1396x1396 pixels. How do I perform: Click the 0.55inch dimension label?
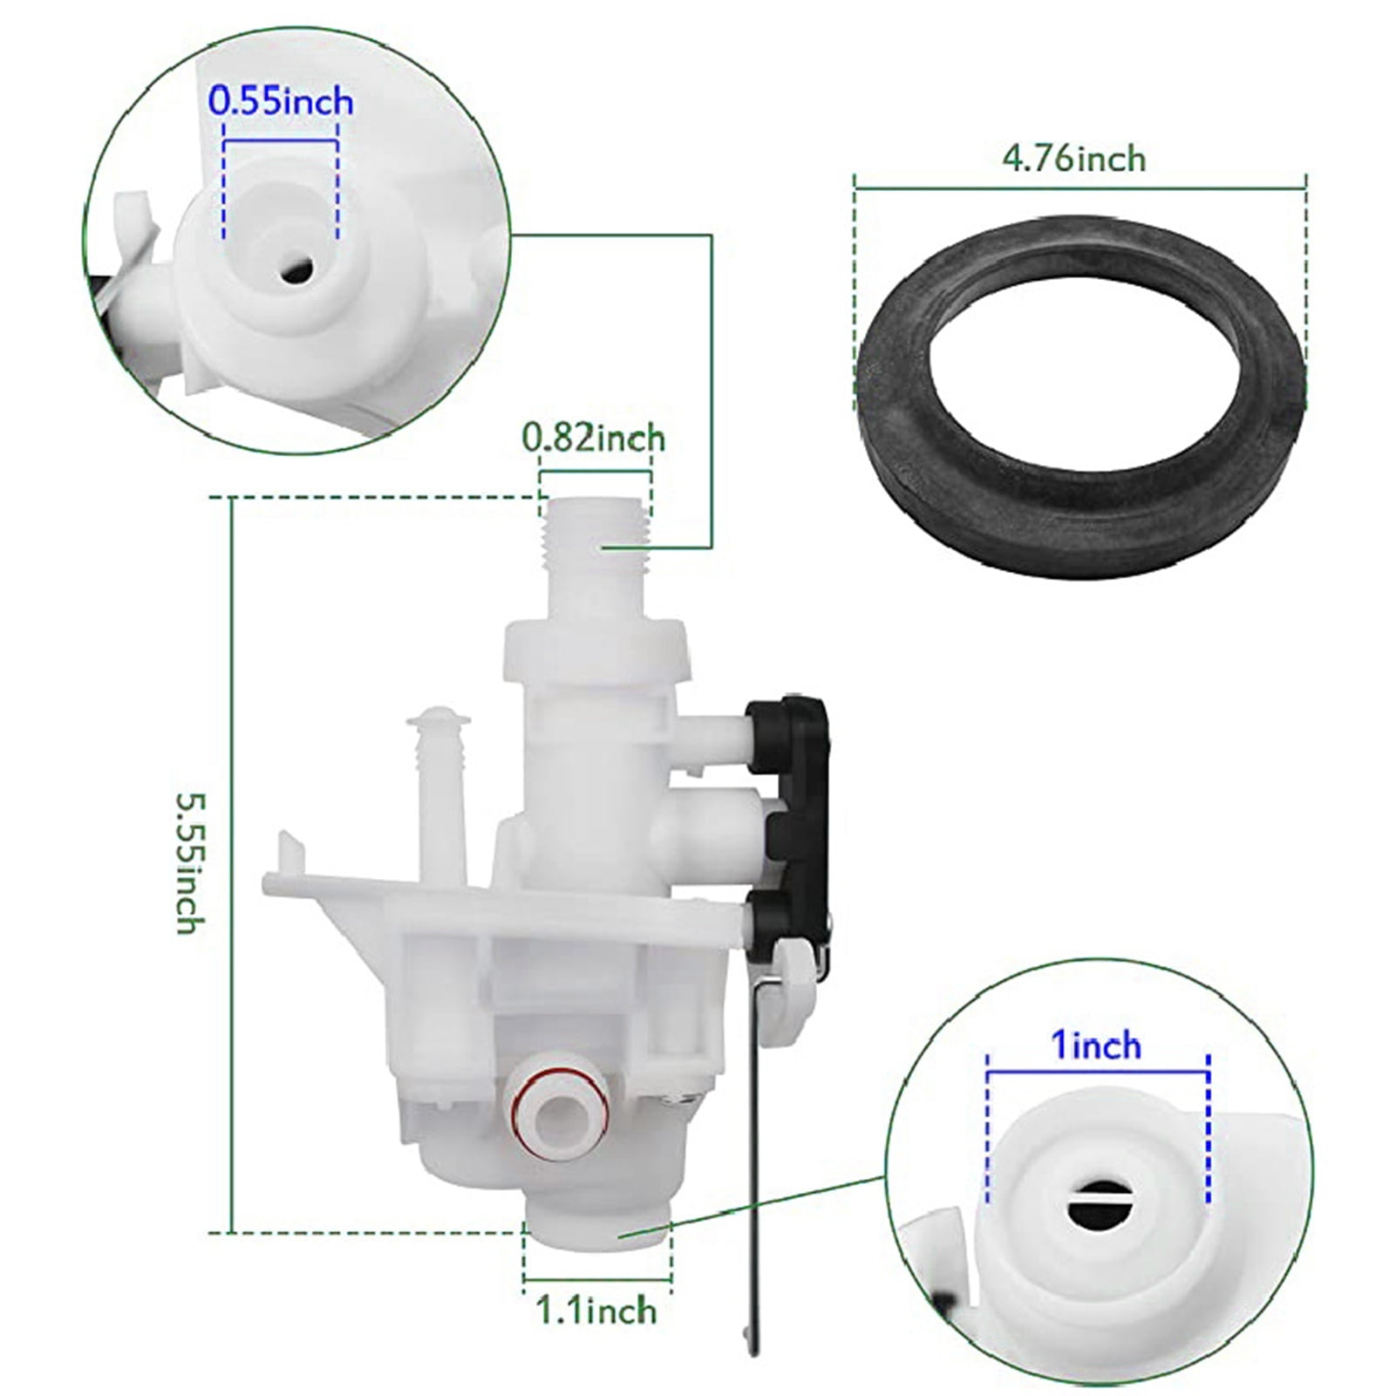[x=281, y=102]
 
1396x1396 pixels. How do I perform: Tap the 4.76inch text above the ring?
[x=1073, y=159]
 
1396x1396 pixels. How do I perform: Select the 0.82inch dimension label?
[x=594, y=438]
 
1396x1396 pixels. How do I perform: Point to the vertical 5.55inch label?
[x=190, y=863]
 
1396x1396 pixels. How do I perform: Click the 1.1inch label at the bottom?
[x=596, y=1310]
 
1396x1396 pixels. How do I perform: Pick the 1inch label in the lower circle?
[x=1096, y=1045]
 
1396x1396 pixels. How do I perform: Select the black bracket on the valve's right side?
[x=798, y=820]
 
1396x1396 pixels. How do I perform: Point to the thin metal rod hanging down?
[x=755, y=1177]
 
